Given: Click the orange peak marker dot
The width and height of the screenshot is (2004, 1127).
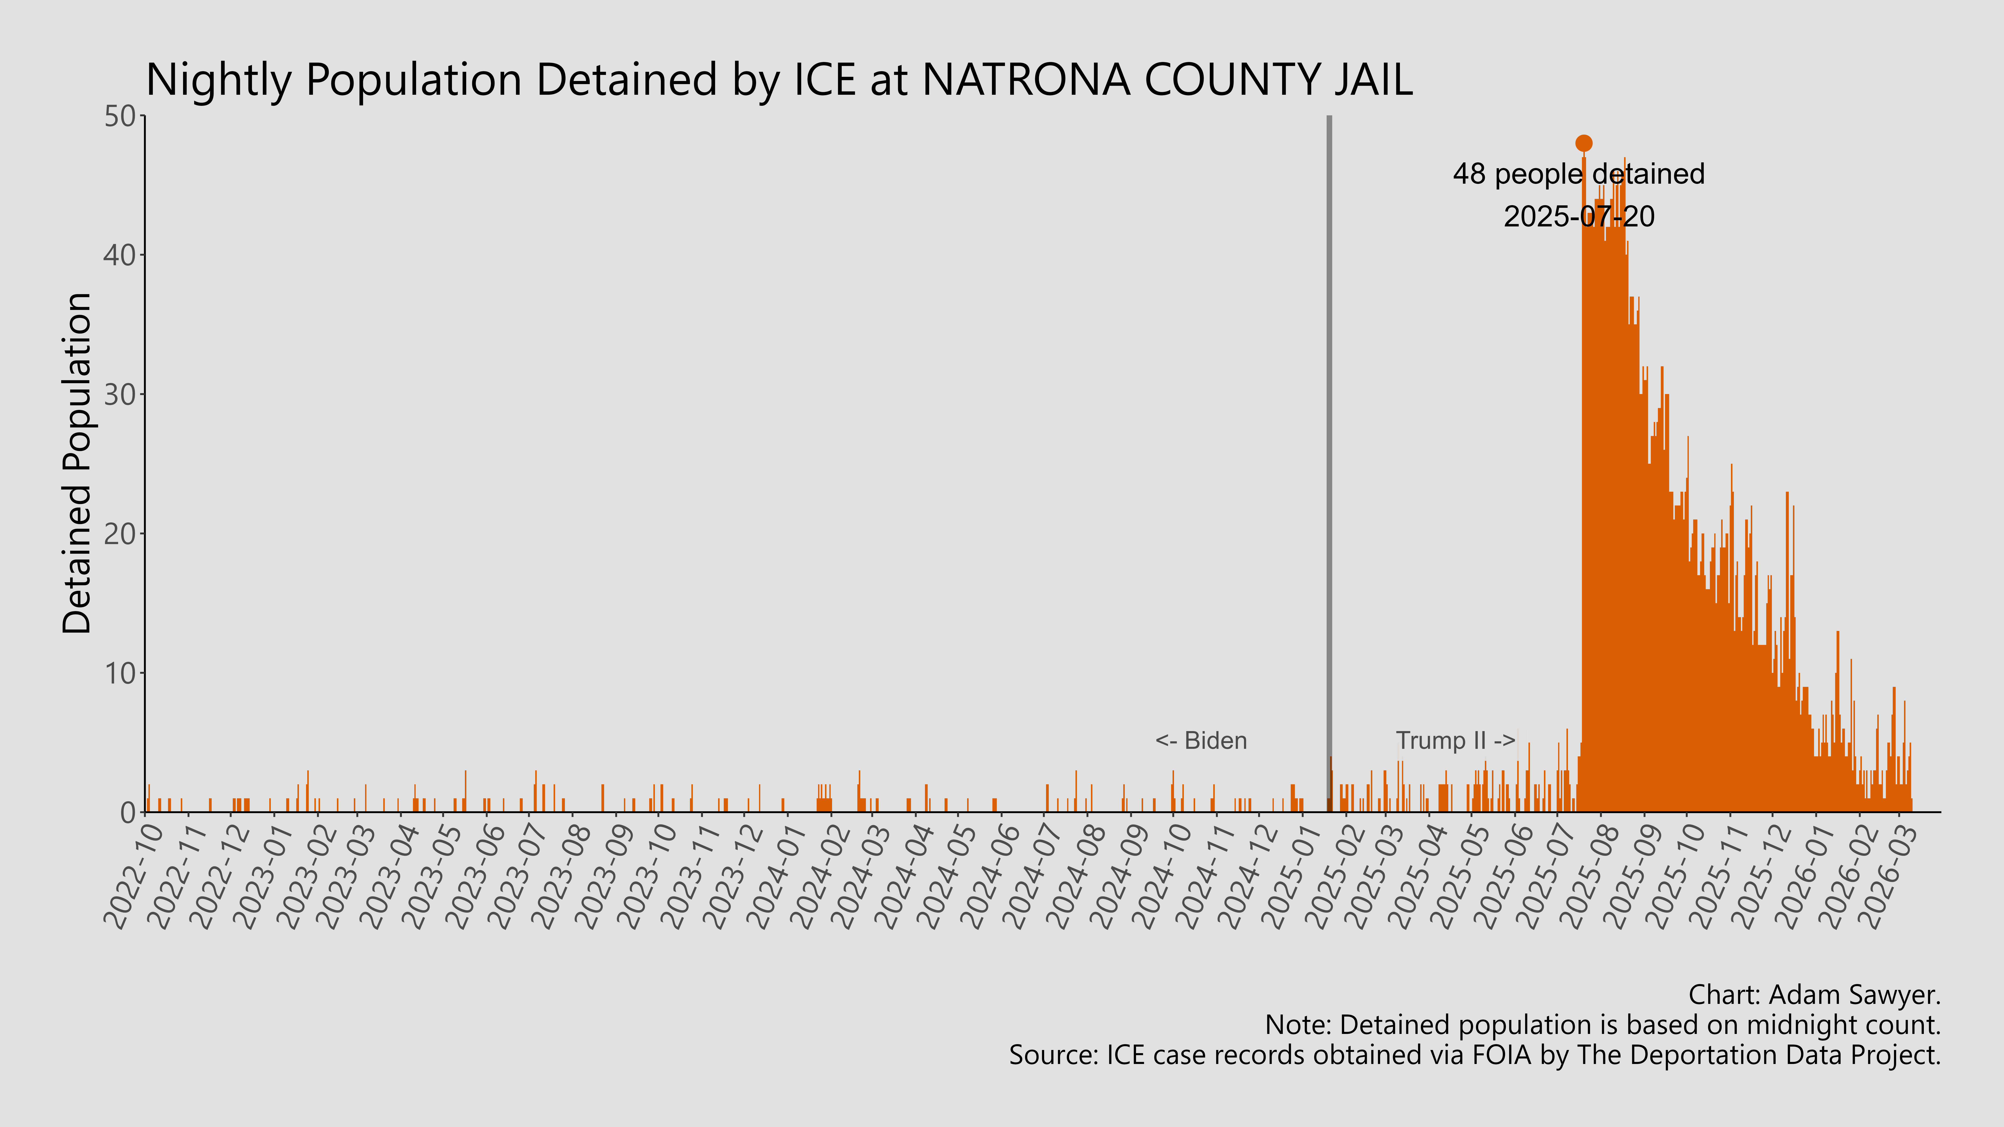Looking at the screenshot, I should click(x=1583, y=143).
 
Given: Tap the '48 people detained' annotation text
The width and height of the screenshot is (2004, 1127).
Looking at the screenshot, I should click(x=1578, y=174).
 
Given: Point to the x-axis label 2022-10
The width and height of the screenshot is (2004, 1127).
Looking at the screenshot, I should click(x=134, y=875).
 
